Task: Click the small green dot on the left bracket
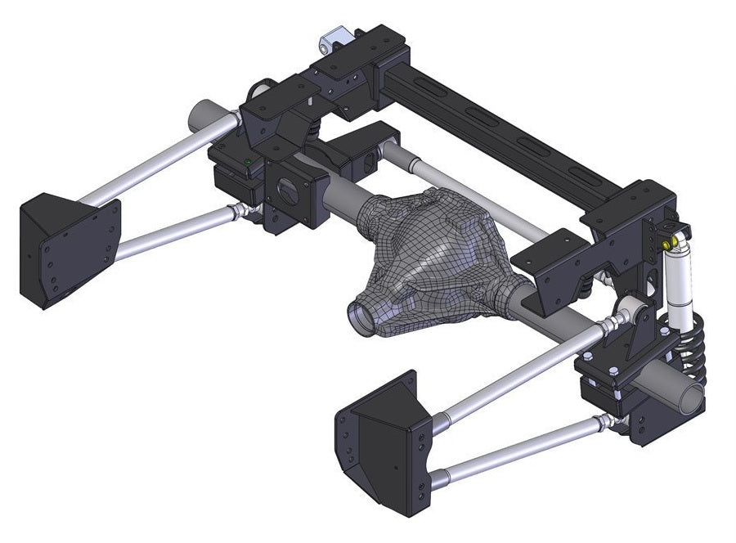click(248, 163)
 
